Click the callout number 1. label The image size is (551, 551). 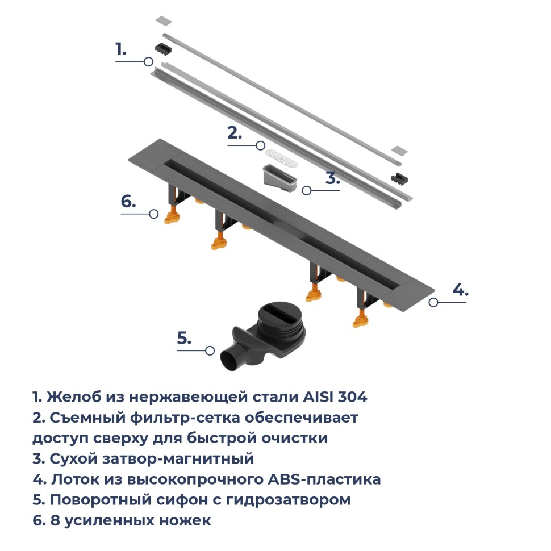120,49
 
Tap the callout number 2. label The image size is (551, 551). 235,133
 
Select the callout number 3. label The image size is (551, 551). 332,178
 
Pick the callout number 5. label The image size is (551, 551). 183,338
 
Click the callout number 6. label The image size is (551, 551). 128,202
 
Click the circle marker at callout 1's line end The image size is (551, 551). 148,61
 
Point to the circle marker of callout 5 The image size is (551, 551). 210,350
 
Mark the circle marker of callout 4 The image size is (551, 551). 433,302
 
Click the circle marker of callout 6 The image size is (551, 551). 153,214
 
